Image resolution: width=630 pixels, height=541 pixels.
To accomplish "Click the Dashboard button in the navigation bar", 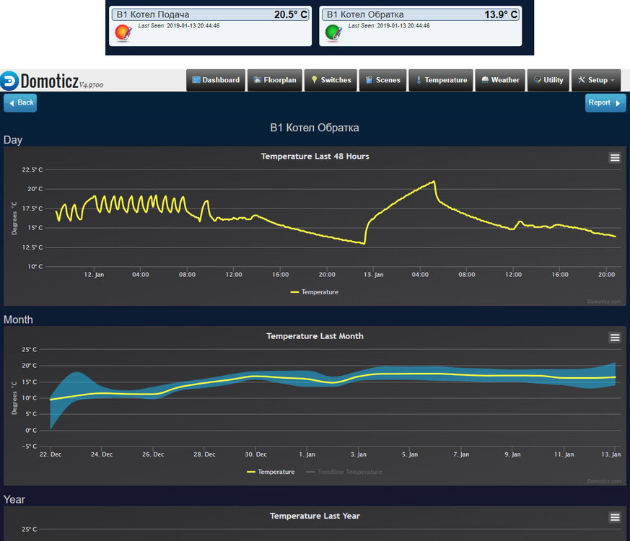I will click(215, 80).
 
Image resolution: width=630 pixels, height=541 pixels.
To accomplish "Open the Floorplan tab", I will click(275, 80).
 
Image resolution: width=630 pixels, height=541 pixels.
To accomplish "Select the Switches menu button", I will click(331, 80).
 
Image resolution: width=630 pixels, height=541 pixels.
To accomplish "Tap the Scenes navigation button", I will click(382, 80).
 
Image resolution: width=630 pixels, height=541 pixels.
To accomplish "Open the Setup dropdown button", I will click(595, 80).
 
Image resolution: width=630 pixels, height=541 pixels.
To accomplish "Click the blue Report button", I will click(605, 103).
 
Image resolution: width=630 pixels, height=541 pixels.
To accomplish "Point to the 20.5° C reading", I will click(291, 14).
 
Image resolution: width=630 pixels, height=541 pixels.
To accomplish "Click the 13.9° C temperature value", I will click(501, 14).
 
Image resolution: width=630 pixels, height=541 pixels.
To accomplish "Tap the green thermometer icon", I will click(333, 32).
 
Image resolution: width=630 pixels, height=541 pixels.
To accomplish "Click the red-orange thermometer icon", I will click(123, 32).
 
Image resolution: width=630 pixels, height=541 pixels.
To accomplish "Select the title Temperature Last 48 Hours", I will click(315, 156).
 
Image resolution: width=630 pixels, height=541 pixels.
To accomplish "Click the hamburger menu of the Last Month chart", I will click(615, 338).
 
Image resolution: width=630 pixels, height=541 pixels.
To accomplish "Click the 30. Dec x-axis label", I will click(255, 454).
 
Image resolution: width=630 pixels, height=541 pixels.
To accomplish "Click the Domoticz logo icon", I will click(9, 81).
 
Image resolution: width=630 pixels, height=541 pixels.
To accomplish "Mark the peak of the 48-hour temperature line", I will click(434, 181).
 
